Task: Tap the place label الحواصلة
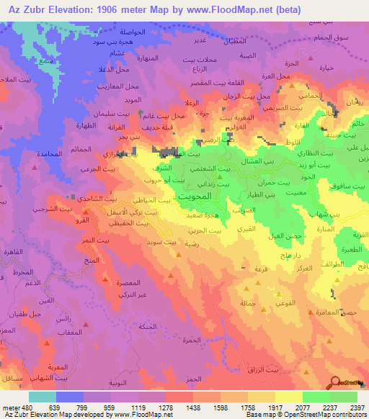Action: (x=138, y=33)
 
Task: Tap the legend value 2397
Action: (x=357, y=407)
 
